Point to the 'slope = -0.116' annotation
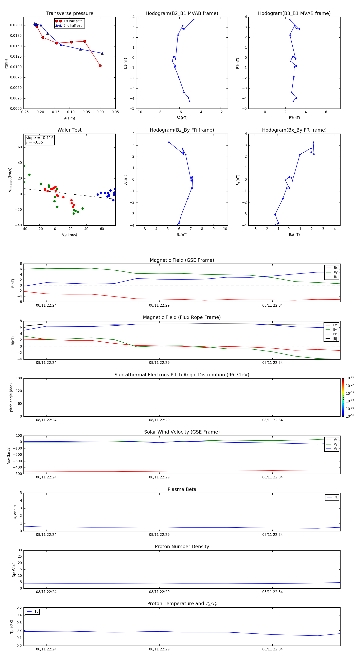pyautogui.click(x=40, y=138)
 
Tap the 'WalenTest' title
pyautogui.click(x=69, y=130)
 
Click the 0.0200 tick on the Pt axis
pyautogui.click(x=16, y=25)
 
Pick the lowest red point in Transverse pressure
pyautogui.click(x=100, y=66)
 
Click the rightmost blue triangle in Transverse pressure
pyautogui.click(x=102, y=53)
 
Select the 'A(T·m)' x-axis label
pyautogui.click(x=69, y=118)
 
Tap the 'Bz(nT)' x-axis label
pyautogui.click(x=182, y=235)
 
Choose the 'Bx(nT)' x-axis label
pyautogui.click(x=294, y=235)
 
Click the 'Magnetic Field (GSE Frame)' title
pyautogui.click(x=182, y=260)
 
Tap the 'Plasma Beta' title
pyautogui.click(x=182, y=489)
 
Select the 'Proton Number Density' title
pyautogui.click(x=182, y=547)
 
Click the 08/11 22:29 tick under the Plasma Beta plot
pyautogui.click(x=159, y=534)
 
